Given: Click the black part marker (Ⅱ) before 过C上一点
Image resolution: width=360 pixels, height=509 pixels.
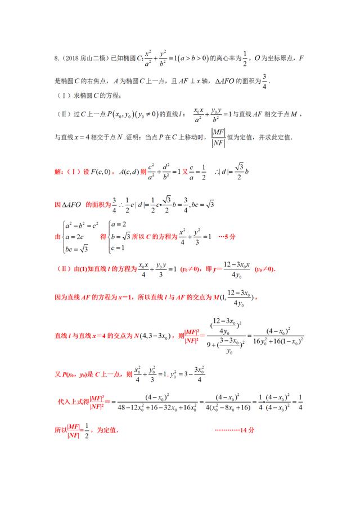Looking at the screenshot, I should pyautogui.click(x=62, y=114).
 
